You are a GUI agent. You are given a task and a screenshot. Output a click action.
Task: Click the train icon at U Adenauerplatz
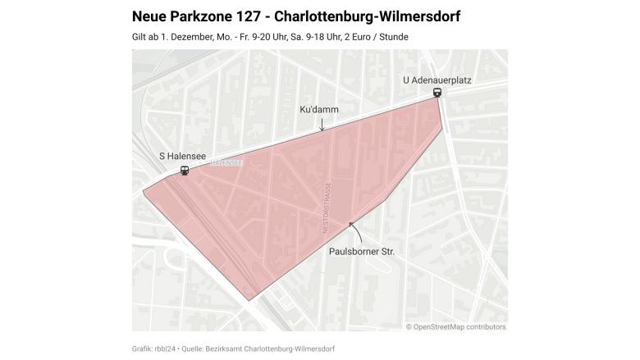[x=437, y=93]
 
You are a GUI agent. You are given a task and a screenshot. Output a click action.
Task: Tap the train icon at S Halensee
[x=185, y=170]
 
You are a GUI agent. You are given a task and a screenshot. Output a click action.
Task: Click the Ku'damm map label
[x=319, y=109]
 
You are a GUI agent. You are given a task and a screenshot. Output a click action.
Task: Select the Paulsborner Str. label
[x=361, y=252]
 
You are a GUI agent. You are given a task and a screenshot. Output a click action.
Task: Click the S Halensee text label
[x=182, y=156]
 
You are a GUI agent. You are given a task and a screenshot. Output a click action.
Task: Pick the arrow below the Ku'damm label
[x=322, y=124]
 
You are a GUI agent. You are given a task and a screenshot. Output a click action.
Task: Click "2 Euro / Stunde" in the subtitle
[x=373, y=37]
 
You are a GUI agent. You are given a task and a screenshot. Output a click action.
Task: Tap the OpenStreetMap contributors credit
[x=455, y=326]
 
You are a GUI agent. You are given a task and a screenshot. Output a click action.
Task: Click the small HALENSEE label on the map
[x=226, y=162]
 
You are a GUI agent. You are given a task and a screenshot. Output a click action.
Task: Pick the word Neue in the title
[x=148, y=16]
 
